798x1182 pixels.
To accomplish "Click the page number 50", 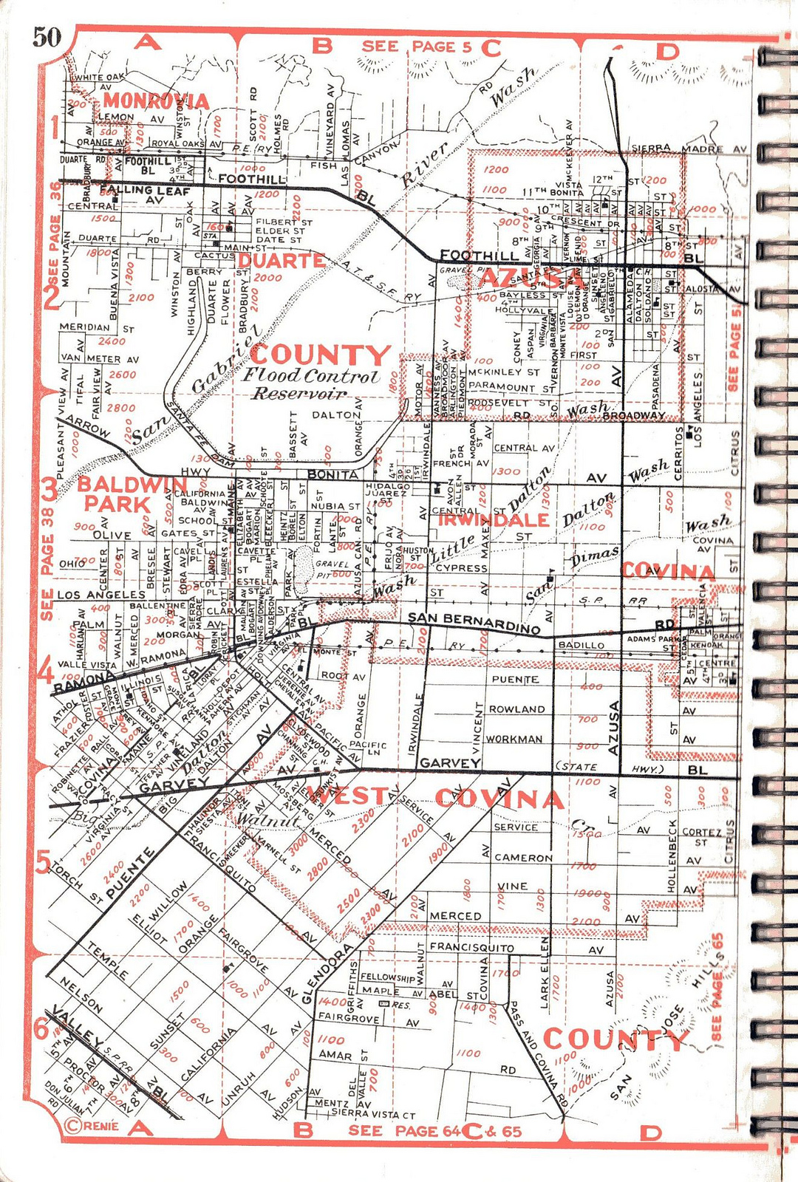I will (x=47, y=36).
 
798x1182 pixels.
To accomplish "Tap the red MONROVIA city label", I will (x=156, y=100).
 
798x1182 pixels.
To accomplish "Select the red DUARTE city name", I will (x=281, y=260).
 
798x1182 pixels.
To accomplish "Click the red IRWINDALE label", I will (x=494, y=519).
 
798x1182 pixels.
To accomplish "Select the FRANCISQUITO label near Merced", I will (x=471, y=946).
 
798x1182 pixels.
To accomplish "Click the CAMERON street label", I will (x=522, y=858).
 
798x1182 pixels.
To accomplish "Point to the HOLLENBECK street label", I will (x=672, y=855).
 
